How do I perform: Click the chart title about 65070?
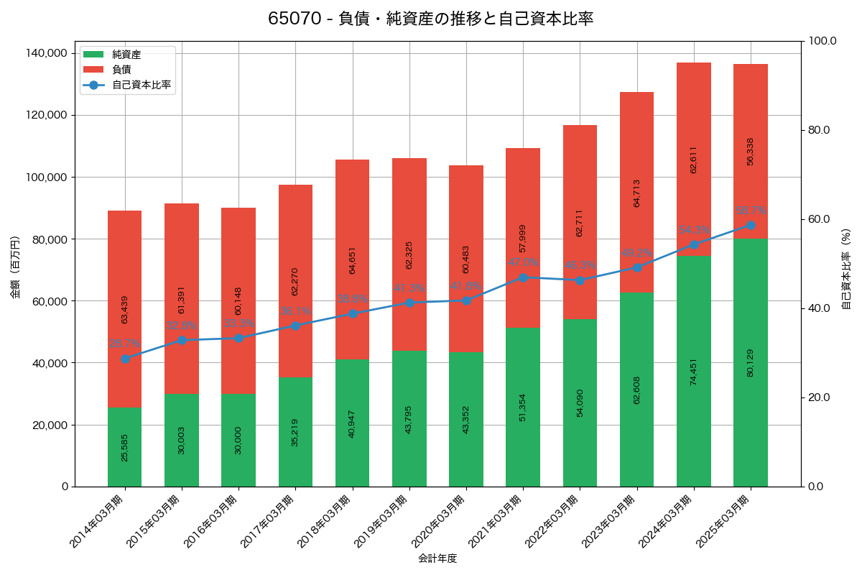[430, 19]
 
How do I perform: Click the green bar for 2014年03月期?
[124, 447]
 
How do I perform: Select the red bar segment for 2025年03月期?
[750, 151]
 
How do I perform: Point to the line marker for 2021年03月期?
[523, 277]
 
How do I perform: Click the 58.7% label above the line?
[750, 211]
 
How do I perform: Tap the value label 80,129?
[750, 363]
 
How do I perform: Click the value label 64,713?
[636, 193]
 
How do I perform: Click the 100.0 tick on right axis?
[822, 41]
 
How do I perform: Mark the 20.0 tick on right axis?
[819, 397]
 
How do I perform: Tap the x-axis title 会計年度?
[437, 558]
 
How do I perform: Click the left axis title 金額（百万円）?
[15, 267]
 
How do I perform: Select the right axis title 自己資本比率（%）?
[846, 269]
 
